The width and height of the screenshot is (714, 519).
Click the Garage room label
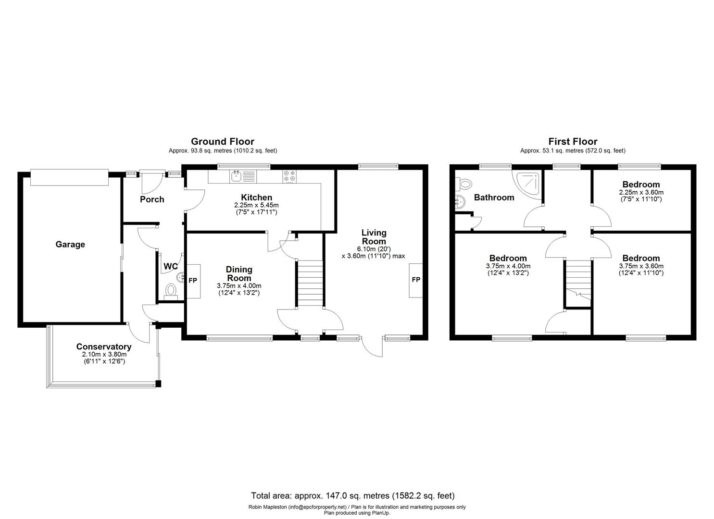click(70, 244)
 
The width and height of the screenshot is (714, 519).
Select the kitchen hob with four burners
click(289, 176)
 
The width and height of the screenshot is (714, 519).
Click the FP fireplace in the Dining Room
click(193, 281)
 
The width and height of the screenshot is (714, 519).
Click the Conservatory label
click(103, 346)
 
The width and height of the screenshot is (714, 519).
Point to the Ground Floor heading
click(222, 141)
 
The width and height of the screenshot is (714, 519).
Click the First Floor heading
click(573, 141)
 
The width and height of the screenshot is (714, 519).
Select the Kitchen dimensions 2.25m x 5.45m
click(253, 205)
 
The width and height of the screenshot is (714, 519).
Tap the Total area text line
click(352, 495)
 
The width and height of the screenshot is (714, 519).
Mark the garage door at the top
click(69, 176)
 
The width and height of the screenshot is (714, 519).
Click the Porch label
click(152, 199)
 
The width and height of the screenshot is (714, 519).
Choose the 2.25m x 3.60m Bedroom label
click(641, 185)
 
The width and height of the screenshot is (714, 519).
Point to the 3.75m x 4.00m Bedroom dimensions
click(508, 266)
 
